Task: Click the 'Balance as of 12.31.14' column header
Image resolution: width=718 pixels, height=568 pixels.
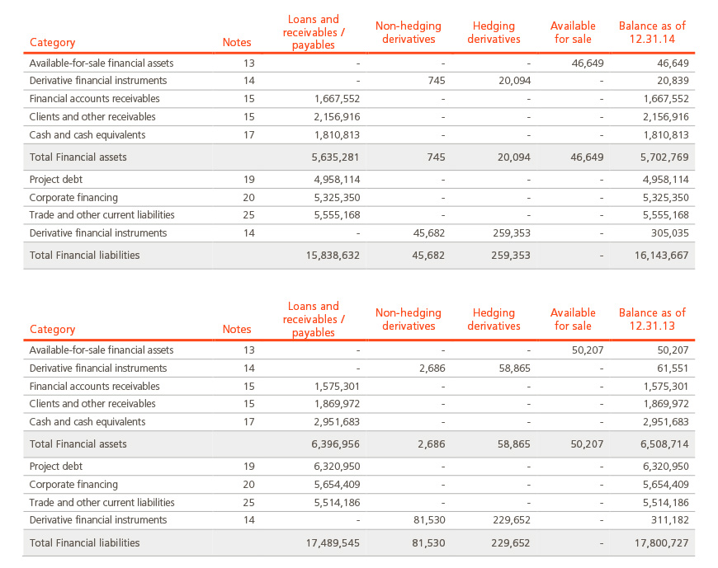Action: [x=652, y=32]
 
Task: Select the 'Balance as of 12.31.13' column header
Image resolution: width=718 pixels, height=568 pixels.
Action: [x=652, y=319]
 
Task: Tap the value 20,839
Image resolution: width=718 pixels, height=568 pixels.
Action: [x=673, y=81]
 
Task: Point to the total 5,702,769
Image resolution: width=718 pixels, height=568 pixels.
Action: [x=664, y=157]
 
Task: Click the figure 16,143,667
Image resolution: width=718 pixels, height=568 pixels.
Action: [x=661, y=256]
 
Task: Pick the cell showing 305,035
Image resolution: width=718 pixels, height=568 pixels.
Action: [x=670, y=233]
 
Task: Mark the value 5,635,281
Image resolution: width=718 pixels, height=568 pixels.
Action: [x=336, y=157]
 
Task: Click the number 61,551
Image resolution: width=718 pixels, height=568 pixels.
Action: [x=673, y=368]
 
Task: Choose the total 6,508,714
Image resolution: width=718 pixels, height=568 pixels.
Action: [x=664, y=444]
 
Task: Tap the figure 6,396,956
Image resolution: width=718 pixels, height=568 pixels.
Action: [x=336, y=444]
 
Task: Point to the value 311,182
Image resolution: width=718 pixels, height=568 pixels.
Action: [x=670, y=520]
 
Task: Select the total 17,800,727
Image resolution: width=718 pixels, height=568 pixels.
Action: [x=661, y=543]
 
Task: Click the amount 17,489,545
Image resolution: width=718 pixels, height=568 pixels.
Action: [x=333, y=543]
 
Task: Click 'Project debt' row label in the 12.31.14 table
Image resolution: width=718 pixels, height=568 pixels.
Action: [x=56, y=180]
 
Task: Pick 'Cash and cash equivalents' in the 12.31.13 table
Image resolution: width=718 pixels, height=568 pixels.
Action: [x=87, y=422]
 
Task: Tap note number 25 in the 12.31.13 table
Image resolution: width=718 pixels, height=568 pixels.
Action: [x=248, y=503]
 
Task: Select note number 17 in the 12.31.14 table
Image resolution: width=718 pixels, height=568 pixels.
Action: [x=248, y=135]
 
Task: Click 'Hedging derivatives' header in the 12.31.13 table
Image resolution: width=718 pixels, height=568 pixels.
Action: [x=494, y=319]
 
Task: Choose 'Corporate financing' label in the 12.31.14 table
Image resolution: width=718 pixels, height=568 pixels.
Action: [x=73, y=198]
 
